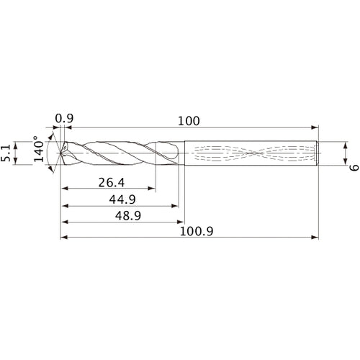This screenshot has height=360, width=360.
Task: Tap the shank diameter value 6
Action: click(353, 168)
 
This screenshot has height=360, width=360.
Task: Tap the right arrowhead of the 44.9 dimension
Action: click(174, 205)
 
